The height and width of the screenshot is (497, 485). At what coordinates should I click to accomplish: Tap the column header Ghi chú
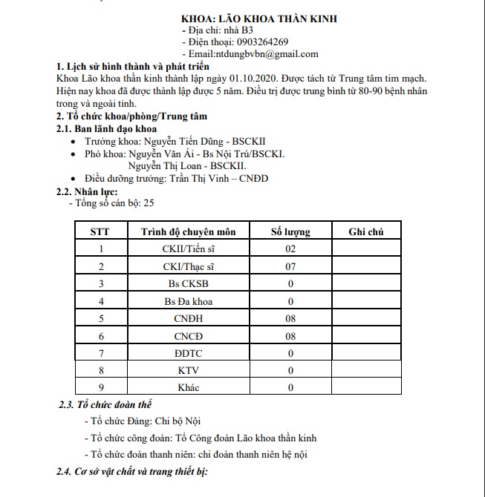coord(365,231)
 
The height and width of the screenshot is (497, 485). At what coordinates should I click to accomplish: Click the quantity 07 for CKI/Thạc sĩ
coord(290,266)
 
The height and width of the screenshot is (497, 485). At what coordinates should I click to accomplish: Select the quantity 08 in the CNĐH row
coord(290,318)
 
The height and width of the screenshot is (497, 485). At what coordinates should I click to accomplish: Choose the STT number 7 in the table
coord(100,352)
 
